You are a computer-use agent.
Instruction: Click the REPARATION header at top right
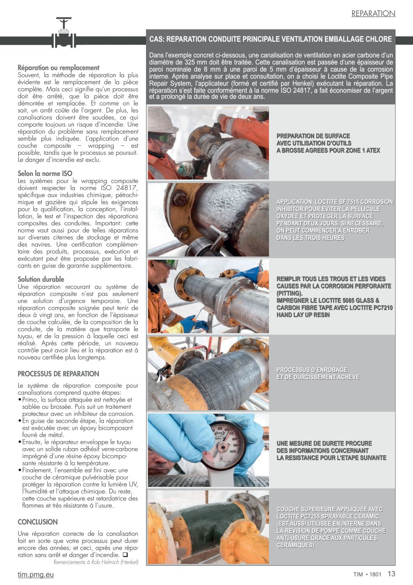373,13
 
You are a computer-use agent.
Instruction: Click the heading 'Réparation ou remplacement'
59,68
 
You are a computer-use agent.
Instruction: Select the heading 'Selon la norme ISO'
45,173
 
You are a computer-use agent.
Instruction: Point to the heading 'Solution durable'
41,279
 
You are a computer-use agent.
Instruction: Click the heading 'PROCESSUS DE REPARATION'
59,374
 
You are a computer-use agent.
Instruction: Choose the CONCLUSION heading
37,522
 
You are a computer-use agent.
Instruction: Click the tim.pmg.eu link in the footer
36,574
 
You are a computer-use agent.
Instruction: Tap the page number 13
392,574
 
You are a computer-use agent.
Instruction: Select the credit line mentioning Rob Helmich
96,562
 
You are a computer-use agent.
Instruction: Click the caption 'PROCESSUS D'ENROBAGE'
312,370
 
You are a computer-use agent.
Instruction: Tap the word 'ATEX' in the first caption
373,151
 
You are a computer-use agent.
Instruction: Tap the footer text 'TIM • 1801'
367,574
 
